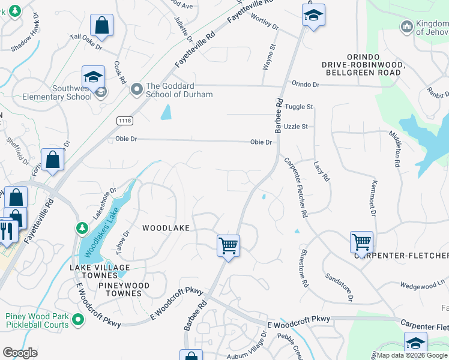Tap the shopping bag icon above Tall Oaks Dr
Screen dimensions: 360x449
click(102, 26)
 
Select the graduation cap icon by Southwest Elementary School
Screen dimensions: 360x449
click(93, 77)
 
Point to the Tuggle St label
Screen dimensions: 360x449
click(299, 107)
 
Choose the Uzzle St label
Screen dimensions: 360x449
click(296, 127)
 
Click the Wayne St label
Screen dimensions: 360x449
click(268, 56)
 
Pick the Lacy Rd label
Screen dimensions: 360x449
click(322, 171)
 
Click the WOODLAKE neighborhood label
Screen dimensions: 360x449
click(166, 228)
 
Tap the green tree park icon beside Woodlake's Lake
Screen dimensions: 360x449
click(82, 228)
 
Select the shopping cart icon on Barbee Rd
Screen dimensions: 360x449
click(228, 245)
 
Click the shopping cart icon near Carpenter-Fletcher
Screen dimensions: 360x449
click(361, 242)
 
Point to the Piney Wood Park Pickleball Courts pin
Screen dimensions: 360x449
click(77, 321)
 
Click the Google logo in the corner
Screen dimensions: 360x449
click(20, 352)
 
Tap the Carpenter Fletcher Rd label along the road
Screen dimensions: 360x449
click(296, 187)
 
